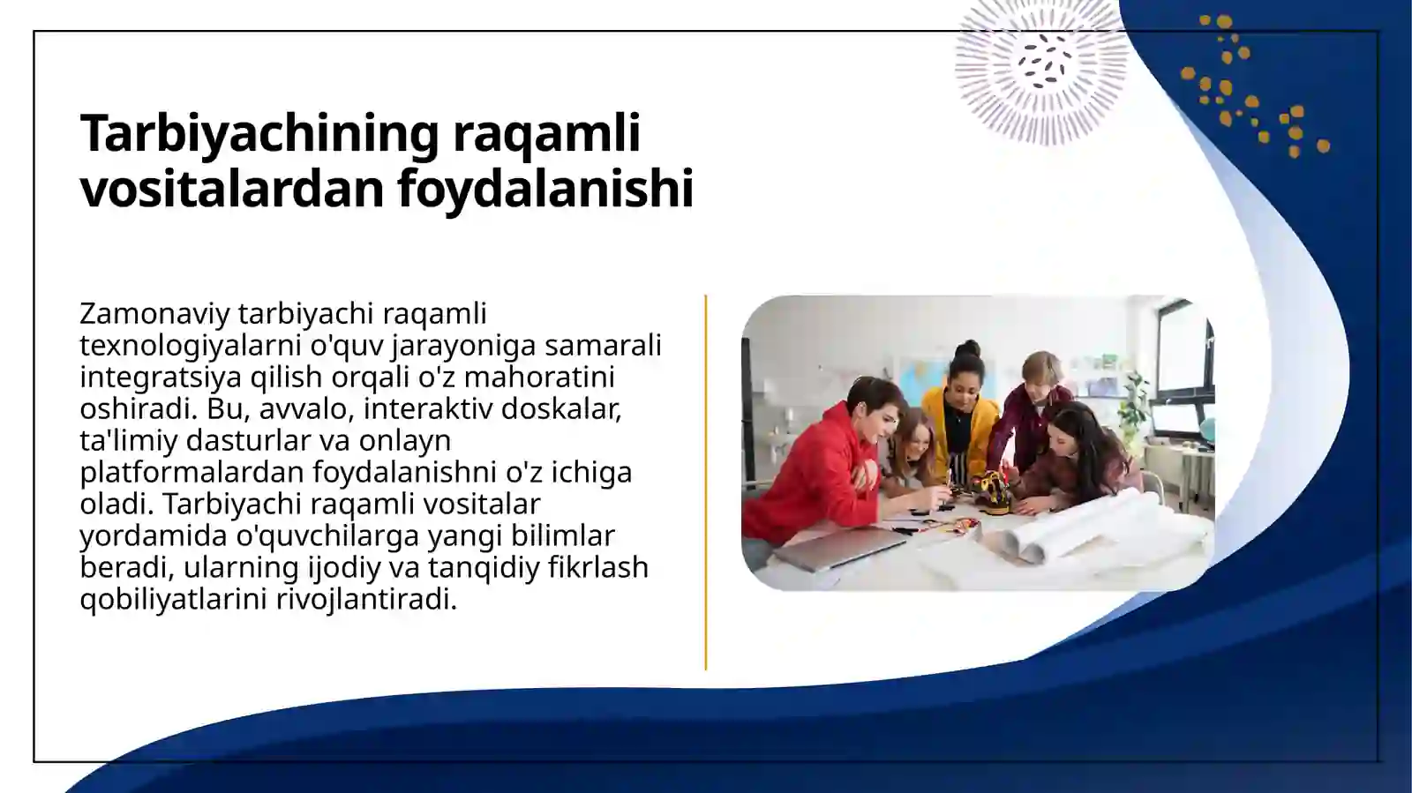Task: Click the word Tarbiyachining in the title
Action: (x=259, y=134)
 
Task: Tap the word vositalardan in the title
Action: (x=230, y=189)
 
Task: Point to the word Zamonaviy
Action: (x=154, y=314)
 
